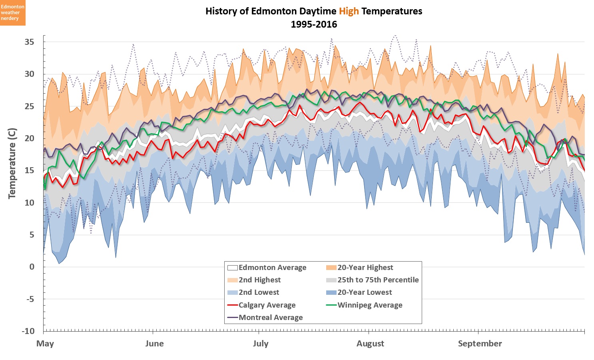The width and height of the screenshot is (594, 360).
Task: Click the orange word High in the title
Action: tap(349, 11)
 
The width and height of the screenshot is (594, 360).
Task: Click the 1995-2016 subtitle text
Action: tap(314, 24)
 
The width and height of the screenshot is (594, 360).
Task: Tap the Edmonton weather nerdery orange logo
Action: tap(13, 13)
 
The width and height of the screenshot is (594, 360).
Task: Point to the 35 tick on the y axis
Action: tap(29, 42)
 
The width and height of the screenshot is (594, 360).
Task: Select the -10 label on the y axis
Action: tap(28, 331)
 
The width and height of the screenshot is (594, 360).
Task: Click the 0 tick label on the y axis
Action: tap(32, 267)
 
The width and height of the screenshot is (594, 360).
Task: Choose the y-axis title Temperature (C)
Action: tap(12, 163)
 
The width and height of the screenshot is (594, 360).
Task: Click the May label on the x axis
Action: tap(45, 344)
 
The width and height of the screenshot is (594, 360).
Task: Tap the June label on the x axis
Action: tap(154, 344)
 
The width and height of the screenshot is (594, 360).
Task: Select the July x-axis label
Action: tap(261, 344)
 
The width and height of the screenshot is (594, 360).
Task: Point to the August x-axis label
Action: tap(370, 344)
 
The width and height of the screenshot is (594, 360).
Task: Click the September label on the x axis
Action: tap(480, 344)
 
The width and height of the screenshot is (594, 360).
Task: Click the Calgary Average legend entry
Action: tap(267, 305)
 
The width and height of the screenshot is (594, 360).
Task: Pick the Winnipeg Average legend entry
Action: tap(370, 305)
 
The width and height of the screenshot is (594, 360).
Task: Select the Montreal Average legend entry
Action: tap(271, 318)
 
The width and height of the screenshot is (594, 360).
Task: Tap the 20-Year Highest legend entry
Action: tap(365, 268)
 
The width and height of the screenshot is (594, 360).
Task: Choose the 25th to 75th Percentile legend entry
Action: tap(378, 280)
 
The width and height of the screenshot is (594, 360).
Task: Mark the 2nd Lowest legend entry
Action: tap(259, 292)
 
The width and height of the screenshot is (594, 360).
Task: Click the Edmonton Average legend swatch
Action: tap(232, 268)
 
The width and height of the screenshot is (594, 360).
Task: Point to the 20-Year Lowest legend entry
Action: tap(365, 292)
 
